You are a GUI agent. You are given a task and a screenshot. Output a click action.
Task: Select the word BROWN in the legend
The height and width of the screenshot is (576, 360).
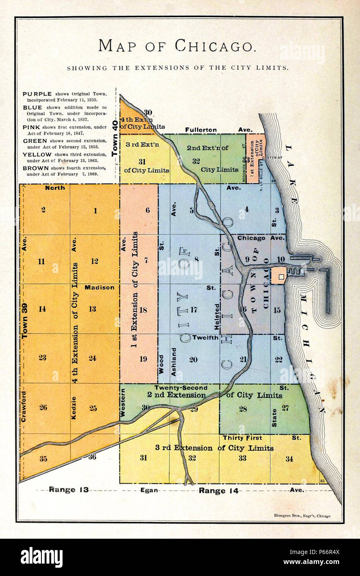click(36, 168)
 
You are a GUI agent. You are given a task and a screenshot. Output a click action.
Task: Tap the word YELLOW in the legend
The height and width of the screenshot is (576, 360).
click(37, 154)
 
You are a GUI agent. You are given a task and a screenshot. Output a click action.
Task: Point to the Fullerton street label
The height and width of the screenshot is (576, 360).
click(201, 130)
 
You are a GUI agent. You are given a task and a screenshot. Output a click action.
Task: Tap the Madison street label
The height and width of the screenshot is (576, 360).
click(99, 287)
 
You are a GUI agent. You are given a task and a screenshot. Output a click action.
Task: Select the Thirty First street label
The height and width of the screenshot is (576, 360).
click(242, 438)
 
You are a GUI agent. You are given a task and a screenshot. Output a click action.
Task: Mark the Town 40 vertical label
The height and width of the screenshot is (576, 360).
click(115, 140)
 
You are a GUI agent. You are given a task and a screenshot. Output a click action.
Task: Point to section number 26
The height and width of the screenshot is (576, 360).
click(43, 407)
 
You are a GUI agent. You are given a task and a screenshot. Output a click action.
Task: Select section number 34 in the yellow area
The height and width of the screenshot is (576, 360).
click(289, 458)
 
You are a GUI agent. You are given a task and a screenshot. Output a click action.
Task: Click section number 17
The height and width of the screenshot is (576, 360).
click(193, 309)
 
